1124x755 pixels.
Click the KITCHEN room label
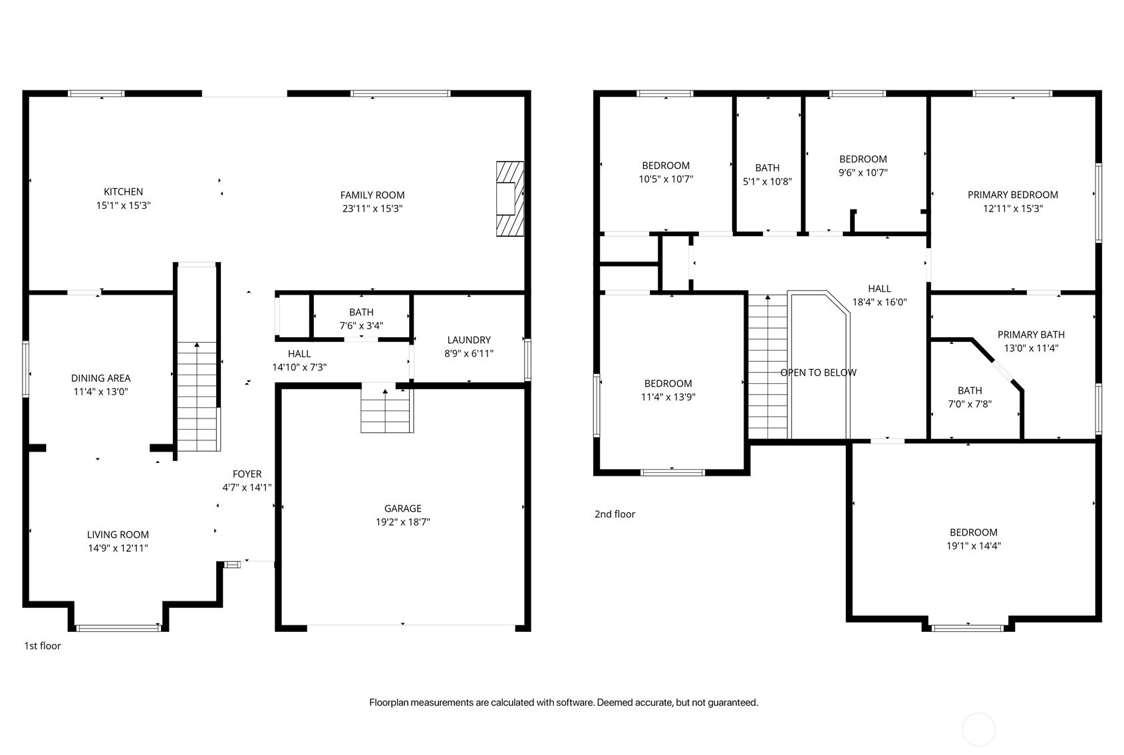click(124, 192)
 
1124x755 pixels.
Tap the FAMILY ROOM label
click(372, 196)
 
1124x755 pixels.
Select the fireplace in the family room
click(510, 199)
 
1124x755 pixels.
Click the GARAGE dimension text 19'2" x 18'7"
click(403, 522)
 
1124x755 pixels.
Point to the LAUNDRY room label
click(469, 340)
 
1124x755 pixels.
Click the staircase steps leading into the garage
click(386, 408)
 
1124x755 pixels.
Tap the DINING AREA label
click(101, 378)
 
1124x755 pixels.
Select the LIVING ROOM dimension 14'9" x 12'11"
click(118, 548)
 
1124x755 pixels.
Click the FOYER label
click(247, 474)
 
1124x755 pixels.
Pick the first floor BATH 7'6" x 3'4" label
click(361, 319)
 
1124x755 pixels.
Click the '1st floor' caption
click(43, 646)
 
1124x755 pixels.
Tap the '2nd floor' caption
click(615, 514)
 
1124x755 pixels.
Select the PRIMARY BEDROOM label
click(1013, 195)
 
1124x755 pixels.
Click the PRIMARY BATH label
click(1031, 335)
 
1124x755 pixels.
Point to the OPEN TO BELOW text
click(819, 373)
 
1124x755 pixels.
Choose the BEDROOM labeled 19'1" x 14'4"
click(974, 539)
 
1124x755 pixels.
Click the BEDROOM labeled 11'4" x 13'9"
click(668, 390)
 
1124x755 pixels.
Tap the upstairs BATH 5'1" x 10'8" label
click(768, 175)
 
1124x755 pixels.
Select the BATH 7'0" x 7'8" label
click(970, 397)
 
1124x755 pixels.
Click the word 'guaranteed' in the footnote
click(732, 703)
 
